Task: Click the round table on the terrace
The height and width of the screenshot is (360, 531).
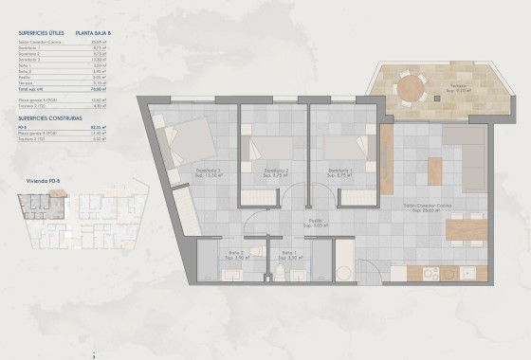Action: (410, 87)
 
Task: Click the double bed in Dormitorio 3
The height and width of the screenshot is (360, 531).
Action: (191, 142)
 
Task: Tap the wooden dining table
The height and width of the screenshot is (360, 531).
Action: (466, 229)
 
